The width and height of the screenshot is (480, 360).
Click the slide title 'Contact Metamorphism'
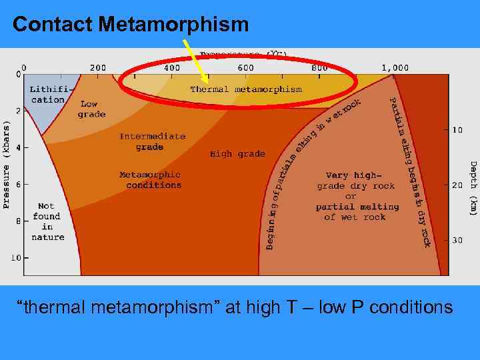point(130,25)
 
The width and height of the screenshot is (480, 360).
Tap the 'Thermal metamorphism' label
point(246,89)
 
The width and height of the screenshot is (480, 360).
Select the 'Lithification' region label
point(48,95)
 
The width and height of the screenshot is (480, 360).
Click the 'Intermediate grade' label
point(152,141)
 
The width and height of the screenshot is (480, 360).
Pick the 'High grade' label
point(237,154)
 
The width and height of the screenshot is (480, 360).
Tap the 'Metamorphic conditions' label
point(150,180)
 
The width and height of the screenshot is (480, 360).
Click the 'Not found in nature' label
point(47,221)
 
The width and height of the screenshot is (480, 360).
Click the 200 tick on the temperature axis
point(98,68)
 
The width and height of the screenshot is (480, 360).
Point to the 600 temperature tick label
point(245,68)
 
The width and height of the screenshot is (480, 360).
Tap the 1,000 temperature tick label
point(395,68)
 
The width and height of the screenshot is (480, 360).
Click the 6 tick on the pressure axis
point(18,184)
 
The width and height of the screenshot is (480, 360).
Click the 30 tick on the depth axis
point(457,240)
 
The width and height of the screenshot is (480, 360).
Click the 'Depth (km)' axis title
point(473,188)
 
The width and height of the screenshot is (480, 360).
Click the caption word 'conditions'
point(410,307)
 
